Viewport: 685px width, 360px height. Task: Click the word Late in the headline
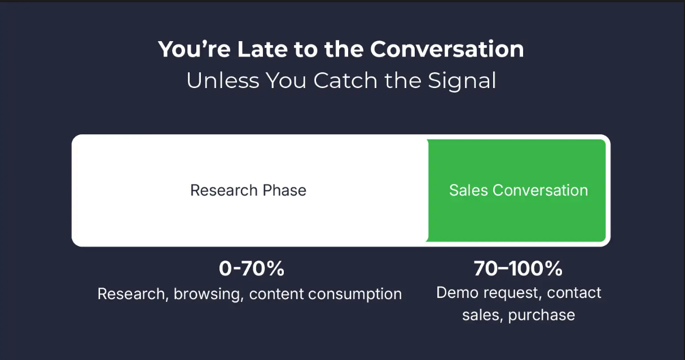(x=262, y=49)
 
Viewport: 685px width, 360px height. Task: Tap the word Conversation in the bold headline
(x=447, y=49)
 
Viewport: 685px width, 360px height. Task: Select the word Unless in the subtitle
(x=223, y=81)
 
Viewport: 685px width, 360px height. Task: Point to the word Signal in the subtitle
(x=462, y=81)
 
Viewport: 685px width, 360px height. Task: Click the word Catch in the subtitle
(x=345, y=81)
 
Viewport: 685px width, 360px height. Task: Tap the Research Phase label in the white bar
(x=248, y=190)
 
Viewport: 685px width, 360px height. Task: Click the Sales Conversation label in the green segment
(x=519, y=190)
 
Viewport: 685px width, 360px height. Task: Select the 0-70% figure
(x=251, y=269)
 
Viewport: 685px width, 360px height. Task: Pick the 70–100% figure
(x=518, y=269)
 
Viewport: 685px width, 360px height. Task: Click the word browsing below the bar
(x=209, y=294)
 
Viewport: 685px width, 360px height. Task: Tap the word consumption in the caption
(x=355, y=294)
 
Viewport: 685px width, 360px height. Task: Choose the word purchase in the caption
(x=542, y=315)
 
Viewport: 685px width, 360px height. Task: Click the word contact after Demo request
(x=574, y=293)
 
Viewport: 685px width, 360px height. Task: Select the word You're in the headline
(x=194, y=49)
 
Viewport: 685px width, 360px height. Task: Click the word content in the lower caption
(x=276, y=294)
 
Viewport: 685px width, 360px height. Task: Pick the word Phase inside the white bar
(x=284, y=190)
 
